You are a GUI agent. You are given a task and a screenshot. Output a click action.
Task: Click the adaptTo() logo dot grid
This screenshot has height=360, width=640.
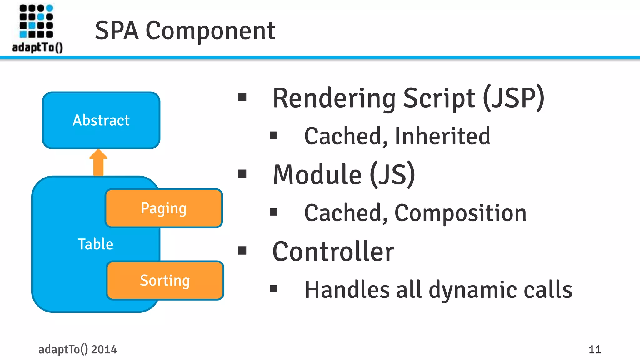(36, 21)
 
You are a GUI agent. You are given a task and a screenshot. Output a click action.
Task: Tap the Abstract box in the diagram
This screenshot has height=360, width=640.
(101, 120)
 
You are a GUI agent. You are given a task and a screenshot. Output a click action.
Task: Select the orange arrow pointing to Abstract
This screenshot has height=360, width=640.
(98, 162)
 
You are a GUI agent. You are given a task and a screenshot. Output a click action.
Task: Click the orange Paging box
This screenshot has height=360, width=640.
(164, 208)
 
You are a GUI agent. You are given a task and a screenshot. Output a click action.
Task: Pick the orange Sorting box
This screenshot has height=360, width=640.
(165, 280)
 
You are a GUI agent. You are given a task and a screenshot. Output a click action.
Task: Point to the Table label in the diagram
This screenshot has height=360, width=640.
(95, 244)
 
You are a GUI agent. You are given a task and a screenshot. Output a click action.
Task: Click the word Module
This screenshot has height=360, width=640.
(317, 175)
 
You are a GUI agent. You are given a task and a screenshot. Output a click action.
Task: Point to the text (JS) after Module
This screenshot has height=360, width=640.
(392, 175)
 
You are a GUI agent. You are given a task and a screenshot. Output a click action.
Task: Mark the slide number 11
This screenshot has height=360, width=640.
(594, 349)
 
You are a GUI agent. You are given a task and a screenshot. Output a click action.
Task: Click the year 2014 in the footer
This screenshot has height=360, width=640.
(104, 349)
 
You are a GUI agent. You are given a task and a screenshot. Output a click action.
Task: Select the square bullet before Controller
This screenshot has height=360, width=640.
(242, 251)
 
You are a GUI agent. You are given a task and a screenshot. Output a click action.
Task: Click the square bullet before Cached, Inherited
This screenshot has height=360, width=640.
(273, 135)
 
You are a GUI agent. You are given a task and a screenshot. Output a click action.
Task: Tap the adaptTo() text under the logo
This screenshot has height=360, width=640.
(37, 47)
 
